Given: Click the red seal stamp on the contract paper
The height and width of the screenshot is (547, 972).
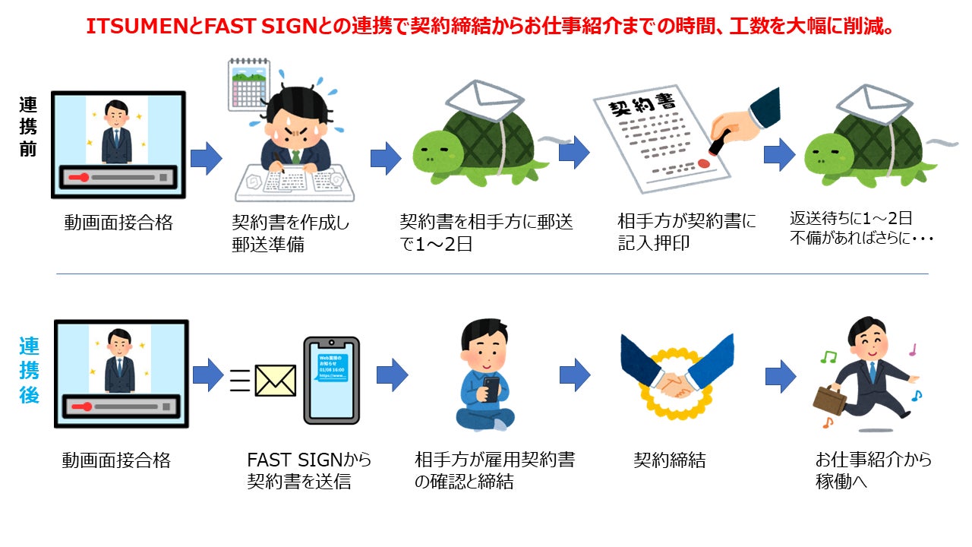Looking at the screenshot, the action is coord(703,162).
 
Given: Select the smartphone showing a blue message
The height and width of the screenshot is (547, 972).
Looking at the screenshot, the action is coord(331,380).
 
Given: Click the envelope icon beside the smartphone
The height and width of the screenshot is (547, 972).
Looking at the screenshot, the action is coord(275,380).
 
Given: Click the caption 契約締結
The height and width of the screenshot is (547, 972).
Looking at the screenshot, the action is coord(670,460).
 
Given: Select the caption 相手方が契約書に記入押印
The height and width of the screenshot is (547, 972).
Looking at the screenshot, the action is coord(687,232).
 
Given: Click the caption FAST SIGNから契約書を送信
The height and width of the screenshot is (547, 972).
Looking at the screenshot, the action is coord(309,470).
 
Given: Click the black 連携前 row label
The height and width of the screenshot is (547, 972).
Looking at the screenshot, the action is coord(28,125).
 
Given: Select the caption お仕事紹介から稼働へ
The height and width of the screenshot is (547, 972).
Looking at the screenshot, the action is coord(873,470).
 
